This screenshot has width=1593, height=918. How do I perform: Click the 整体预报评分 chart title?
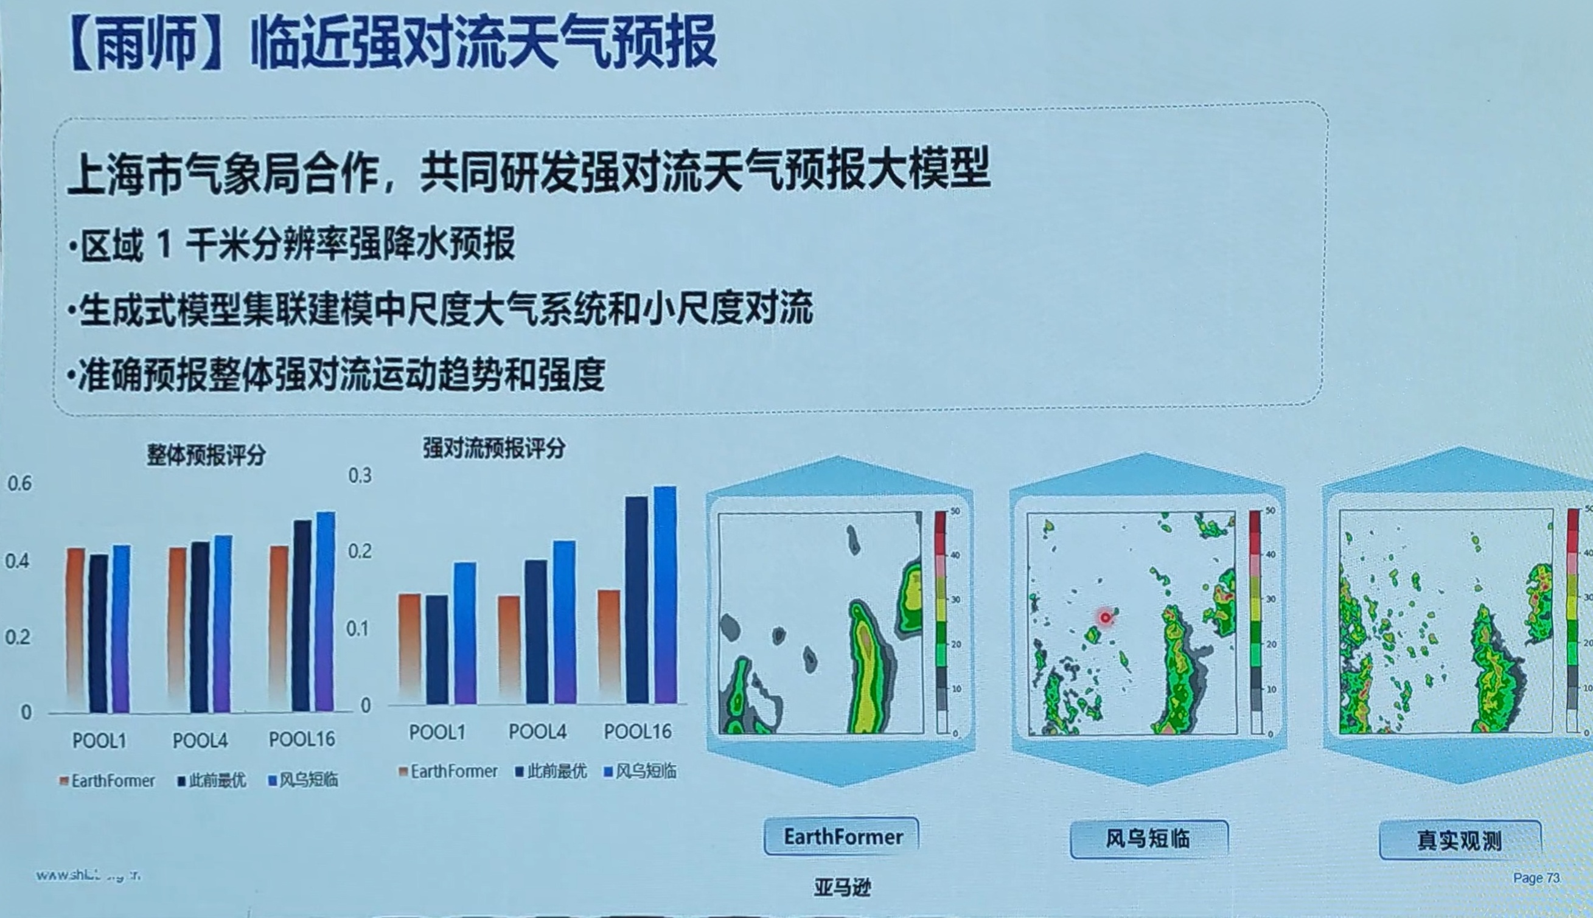click(x=206, y=454)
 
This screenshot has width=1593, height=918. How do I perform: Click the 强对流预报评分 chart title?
click(x=494, y=448)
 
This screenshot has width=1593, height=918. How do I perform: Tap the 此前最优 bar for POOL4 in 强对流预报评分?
click(x=536, y=630)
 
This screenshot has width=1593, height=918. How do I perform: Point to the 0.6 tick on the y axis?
click(x=19, y=484)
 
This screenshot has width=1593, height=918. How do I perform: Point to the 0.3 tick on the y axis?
click(x=360, y=475)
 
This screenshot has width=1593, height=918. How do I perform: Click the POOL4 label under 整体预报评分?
click(x=200, y=740)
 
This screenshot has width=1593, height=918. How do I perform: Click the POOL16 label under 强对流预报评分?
click(x=638, y=731)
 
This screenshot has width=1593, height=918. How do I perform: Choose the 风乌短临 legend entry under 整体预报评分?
click(x=304, y=780)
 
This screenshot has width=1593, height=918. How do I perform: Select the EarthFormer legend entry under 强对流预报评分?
click(x=448, y=771)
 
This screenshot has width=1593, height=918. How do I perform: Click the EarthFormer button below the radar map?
click(x=843, y=836)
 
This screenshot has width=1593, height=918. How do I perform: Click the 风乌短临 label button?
click(x=1148, y=838)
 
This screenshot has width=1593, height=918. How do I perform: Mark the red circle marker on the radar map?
click(x=1105, y=617)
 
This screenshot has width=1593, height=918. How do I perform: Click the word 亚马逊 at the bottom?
click(x=842, y=887)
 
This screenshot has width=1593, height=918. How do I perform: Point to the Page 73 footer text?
click(x=1536, y=878)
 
